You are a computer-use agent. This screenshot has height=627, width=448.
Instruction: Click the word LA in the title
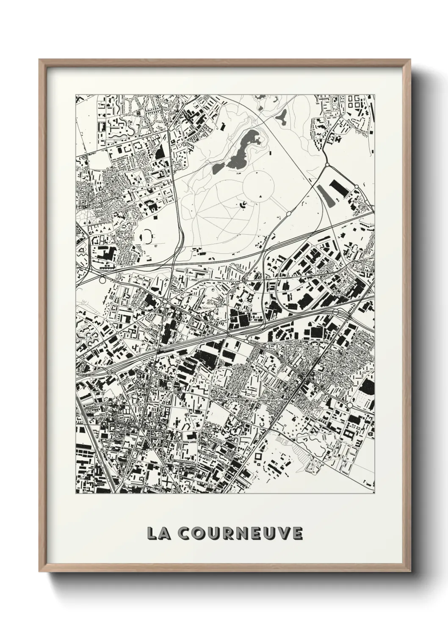[x=157, y=533]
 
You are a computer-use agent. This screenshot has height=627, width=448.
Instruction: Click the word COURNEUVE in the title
[x=237, y=533]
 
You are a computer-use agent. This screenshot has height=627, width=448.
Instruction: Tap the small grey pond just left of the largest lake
[x=216, y=168]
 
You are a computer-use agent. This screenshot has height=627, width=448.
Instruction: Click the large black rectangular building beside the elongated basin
[x=339, y=188]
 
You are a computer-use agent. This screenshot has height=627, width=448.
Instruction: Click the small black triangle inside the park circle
[x=260, y=196]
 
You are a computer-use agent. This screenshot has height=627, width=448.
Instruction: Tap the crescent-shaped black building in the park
[x=244, y=205]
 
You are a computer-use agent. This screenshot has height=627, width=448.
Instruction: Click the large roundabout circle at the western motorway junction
[x=102, y=280]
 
